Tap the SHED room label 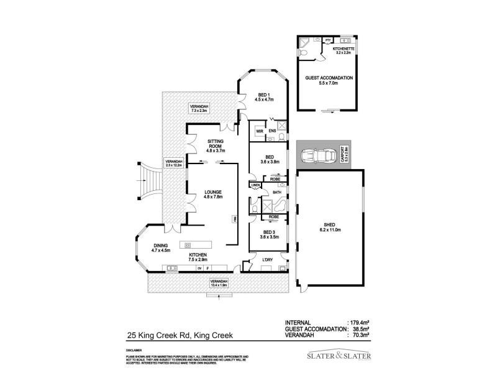point(330,227)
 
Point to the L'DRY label point(268,259)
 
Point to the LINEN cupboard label point(255,185)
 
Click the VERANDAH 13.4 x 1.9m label point(218,283)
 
